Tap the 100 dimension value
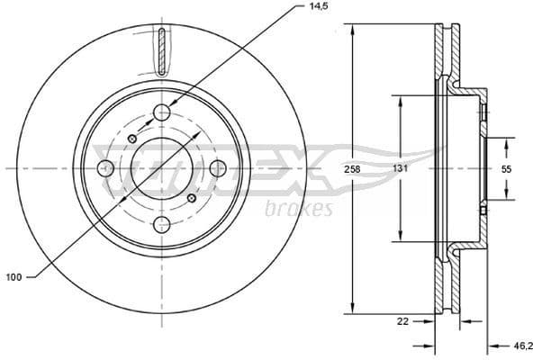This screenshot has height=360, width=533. [14, 277]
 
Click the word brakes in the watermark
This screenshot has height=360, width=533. [300, 210]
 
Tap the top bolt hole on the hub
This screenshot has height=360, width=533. [162, 112]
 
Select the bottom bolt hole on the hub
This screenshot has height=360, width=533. [162, 224]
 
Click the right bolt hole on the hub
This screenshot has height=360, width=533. [218, 168]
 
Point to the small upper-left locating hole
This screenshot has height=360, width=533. [133, 139]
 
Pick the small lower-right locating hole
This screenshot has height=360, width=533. [191, 198]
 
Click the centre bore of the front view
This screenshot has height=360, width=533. [162, 168]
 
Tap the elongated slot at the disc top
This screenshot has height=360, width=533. [161, 51]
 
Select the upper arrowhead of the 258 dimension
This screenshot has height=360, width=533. [357, 28]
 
